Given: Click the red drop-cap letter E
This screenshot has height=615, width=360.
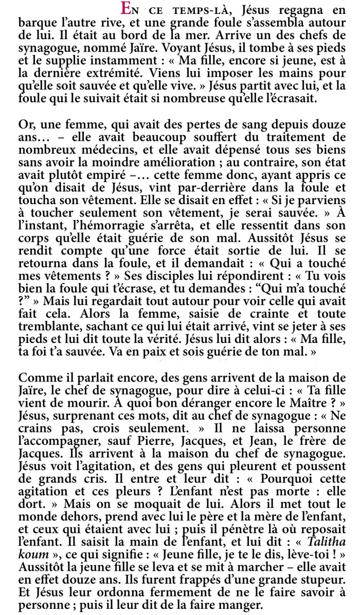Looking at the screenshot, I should point(124,9).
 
